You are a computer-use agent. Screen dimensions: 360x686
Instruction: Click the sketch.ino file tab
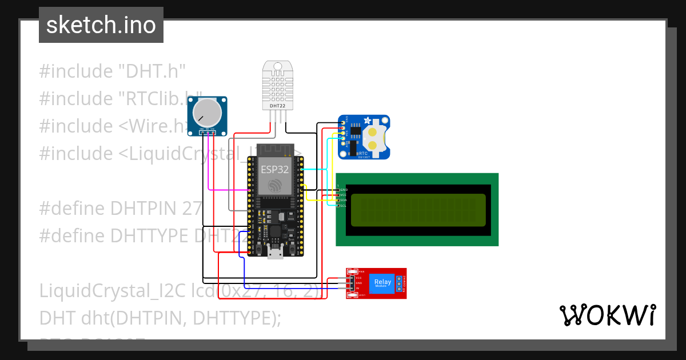[x=101, y=25]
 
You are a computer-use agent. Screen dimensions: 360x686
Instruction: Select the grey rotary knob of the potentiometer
[x=207, y=113]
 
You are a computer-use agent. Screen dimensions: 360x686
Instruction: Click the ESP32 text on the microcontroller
[x=274, y=170]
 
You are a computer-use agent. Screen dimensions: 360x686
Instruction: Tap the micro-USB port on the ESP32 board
[x=275, y=253]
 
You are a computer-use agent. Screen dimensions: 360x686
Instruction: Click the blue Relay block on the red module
[x=383, y=283]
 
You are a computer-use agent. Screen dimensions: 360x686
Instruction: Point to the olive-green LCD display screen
[x=418, y=210]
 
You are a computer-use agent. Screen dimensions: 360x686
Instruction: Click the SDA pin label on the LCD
[x=344, y=201]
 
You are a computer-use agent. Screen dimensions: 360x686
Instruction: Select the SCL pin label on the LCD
[x=344, y=206]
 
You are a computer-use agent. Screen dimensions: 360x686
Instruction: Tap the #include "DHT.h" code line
[x=113, y=71]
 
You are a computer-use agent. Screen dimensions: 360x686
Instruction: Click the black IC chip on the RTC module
[x=355, y=133]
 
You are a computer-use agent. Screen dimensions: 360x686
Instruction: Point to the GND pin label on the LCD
[x=344, y=189]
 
